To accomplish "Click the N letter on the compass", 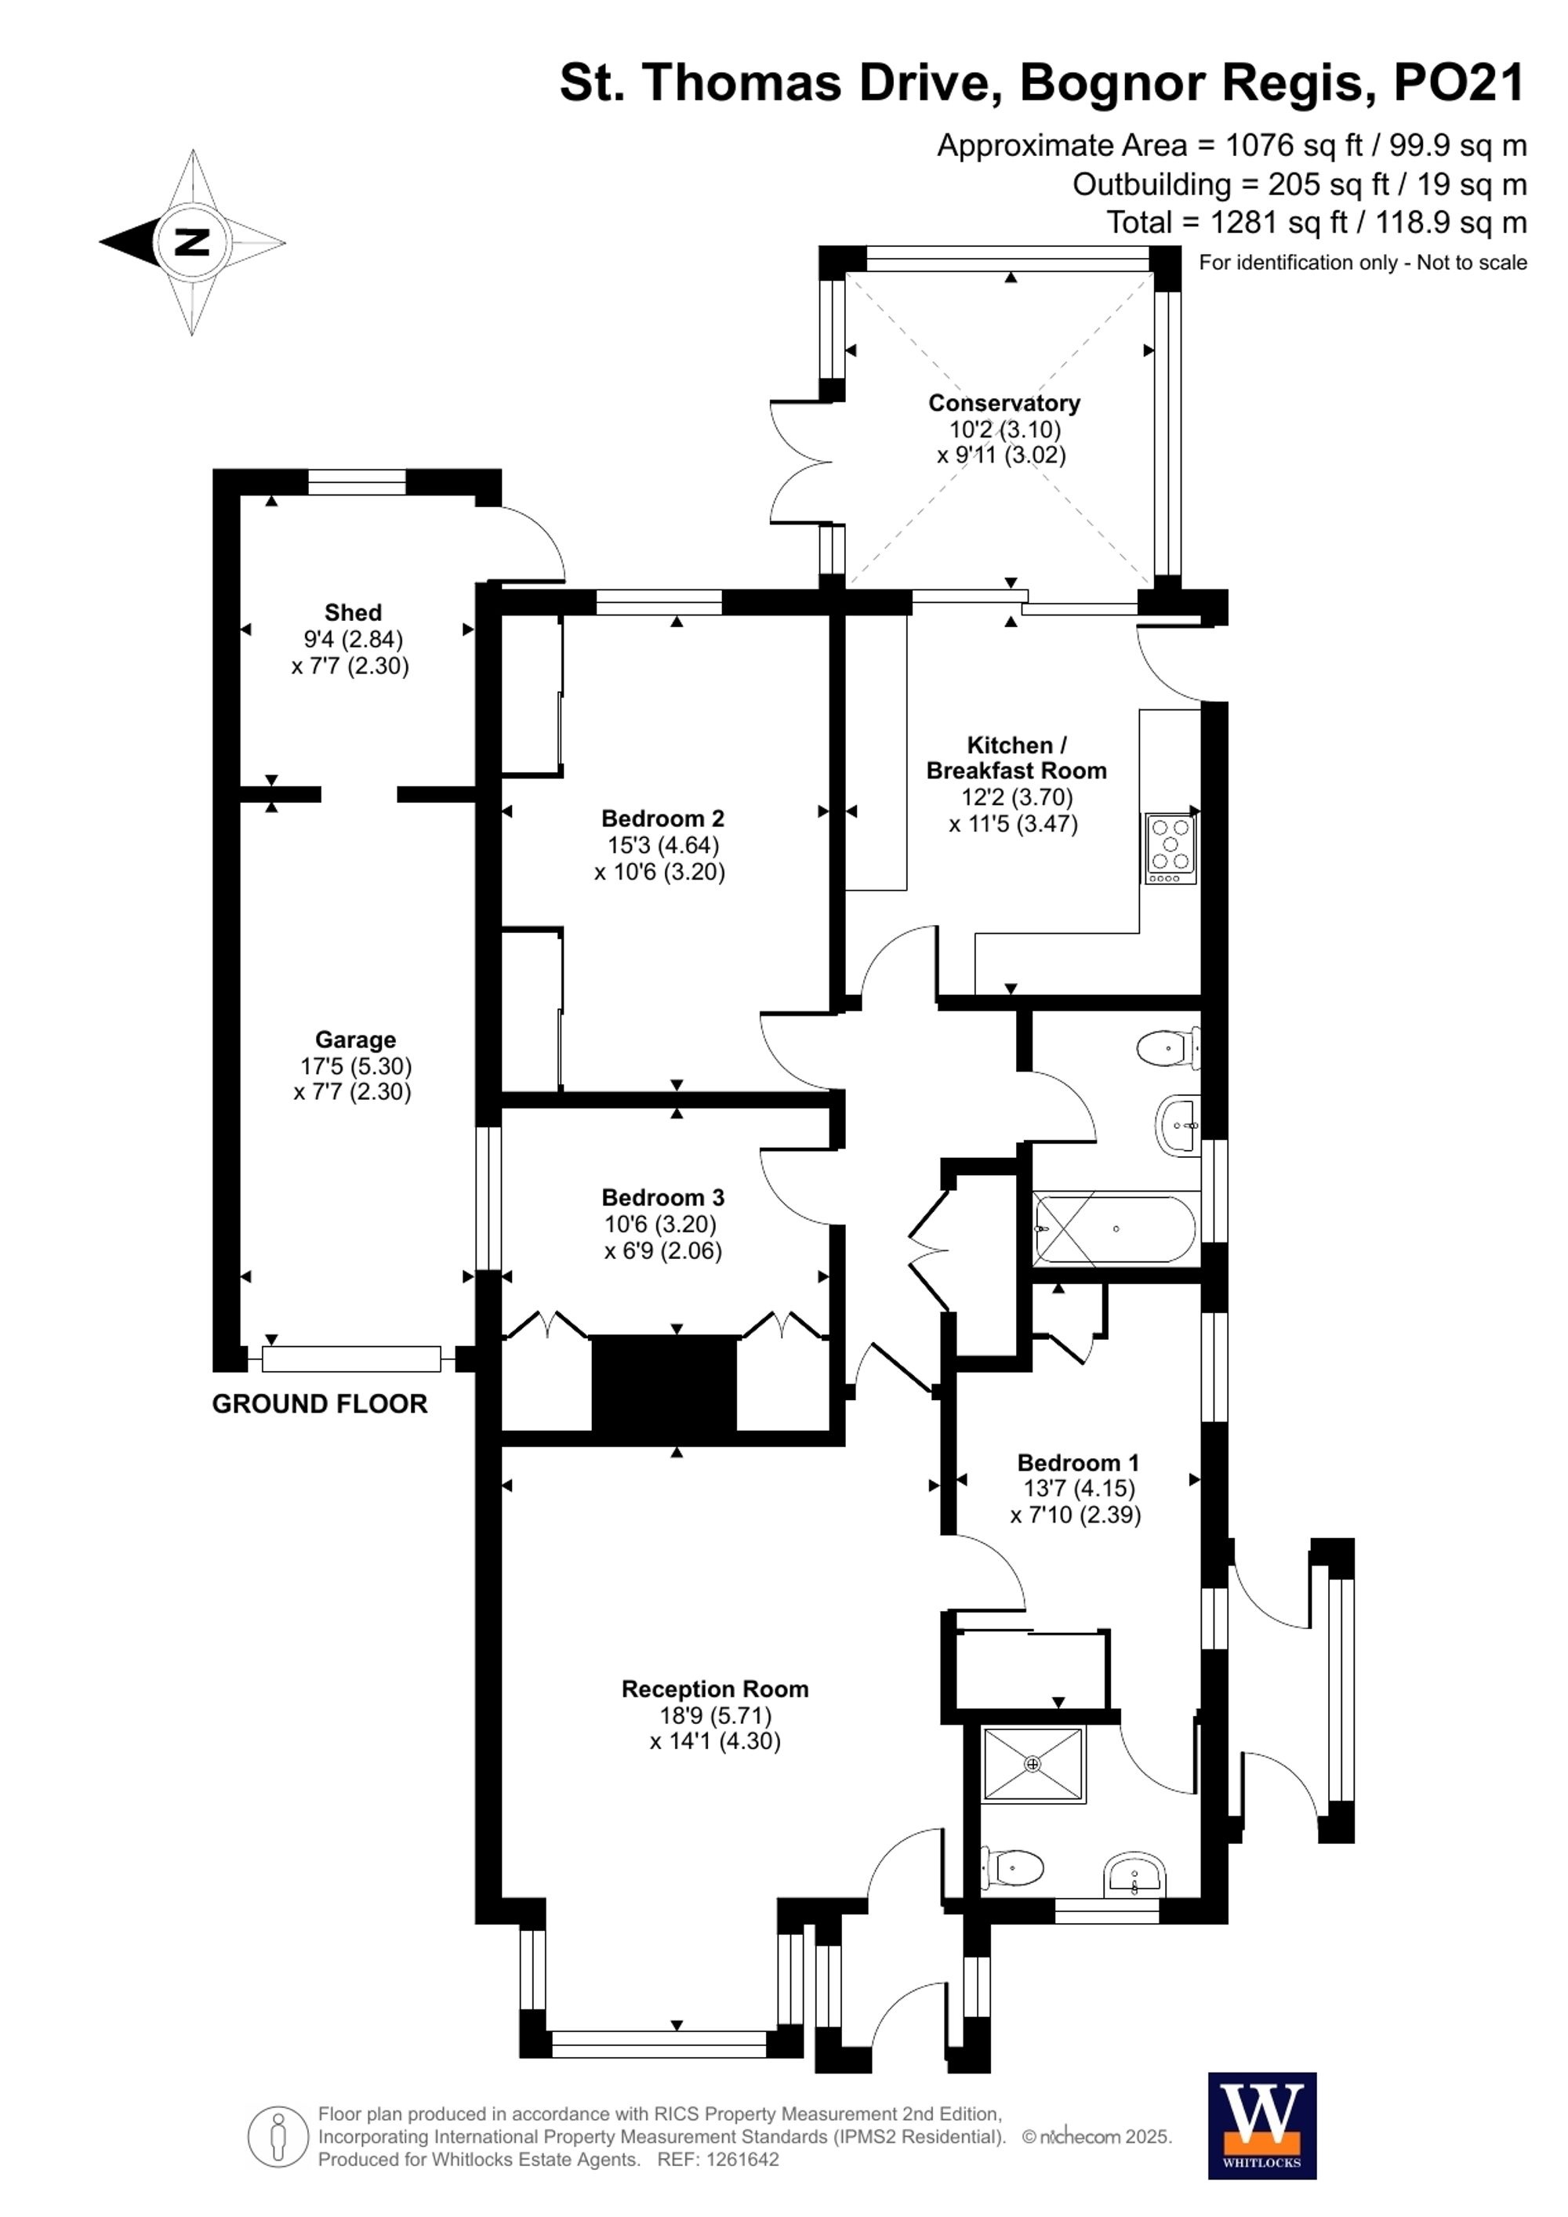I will [192, 241].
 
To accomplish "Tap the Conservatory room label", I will [1004, 403].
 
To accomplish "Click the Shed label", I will [353, 612].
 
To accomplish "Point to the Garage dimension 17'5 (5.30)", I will [355, 1066].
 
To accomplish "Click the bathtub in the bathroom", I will [1115, 1229].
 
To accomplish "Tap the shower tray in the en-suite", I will [1033, 1764].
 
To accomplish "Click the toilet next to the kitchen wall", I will [1167, 1047].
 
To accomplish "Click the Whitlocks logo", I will [1262, 2125].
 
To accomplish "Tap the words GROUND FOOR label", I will [320, 1404].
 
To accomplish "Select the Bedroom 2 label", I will [662, 818].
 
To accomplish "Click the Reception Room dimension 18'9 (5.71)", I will [716, 1715].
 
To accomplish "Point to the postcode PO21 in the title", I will [1459, 83].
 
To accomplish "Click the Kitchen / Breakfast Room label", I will [1016, 757].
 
